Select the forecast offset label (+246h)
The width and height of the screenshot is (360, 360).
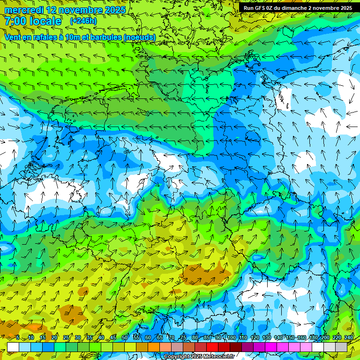click(x=83, y=21)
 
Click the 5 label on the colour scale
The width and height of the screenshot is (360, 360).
click(x=17, y=338)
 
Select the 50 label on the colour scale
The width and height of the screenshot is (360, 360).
click(x=125, y=338)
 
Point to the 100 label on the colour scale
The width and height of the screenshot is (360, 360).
click(x=232, y=338)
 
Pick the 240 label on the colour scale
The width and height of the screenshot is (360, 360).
click(x=349, y=338)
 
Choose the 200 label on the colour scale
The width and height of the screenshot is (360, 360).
click(x=325, y=338)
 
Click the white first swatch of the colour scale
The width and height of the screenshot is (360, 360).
click(x=13, y=347)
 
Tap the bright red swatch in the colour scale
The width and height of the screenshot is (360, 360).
click(x=212, y=347)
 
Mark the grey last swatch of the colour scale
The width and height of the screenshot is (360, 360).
click(x=341, y=347)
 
